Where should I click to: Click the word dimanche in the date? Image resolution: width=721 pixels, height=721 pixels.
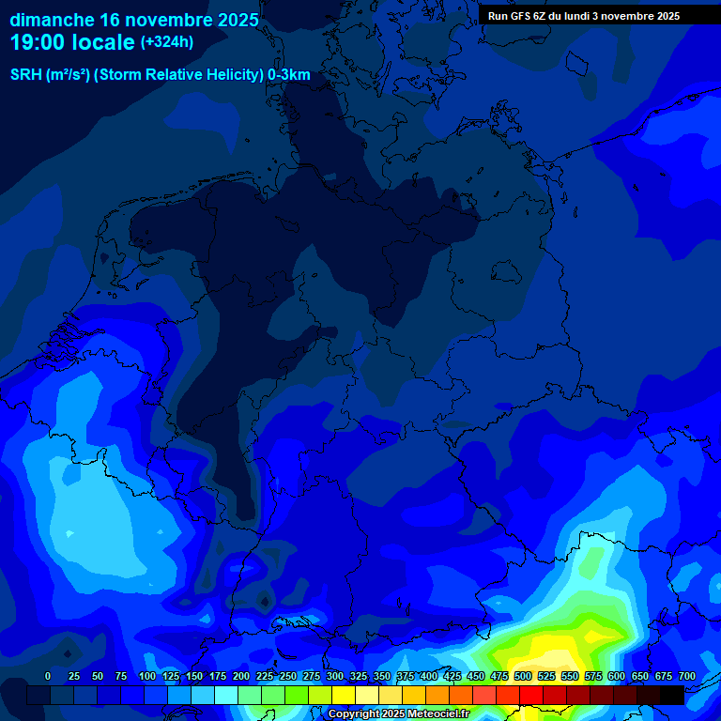(x=51, y=20)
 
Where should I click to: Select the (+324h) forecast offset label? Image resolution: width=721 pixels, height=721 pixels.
(x=166, y=42)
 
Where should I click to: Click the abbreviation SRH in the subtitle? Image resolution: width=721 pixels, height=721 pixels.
(x=25, y=75)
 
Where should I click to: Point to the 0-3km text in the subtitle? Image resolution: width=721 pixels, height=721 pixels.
(x=289, y=75)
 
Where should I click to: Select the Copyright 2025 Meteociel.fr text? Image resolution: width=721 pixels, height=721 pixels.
(x=399, y=713)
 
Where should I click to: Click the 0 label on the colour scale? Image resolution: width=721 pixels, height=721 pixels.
(x=48, y=676)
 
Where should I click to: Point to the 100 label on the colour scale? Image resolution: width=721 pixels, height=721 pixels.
(x=147, y=676)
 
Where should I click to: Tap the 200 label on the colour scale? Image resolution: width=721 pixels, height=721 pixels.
(x=241, y=676)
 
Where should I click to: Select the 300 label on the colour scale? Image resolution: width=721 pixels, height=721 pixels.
(x=335, y=676)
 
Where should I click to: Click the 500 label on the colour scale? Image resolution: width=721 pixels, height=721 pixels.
(x=523, y=676)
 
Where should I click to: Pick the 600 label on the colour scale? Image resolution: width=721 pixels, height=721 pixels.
(x=617, y=676)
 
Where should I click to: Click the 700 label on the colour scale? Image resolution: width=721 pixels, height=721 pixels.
(x=687, y=676)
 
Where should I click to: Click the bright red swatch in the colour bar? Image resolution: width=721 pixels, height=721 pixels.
(x=531, y=695)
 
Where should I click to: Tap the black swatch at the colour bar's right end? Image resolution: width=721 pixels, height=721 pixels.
(x=672, y=695)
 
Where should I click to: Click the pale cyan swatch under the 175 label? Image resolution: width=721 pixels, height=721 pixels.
(x=226, y=695)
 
